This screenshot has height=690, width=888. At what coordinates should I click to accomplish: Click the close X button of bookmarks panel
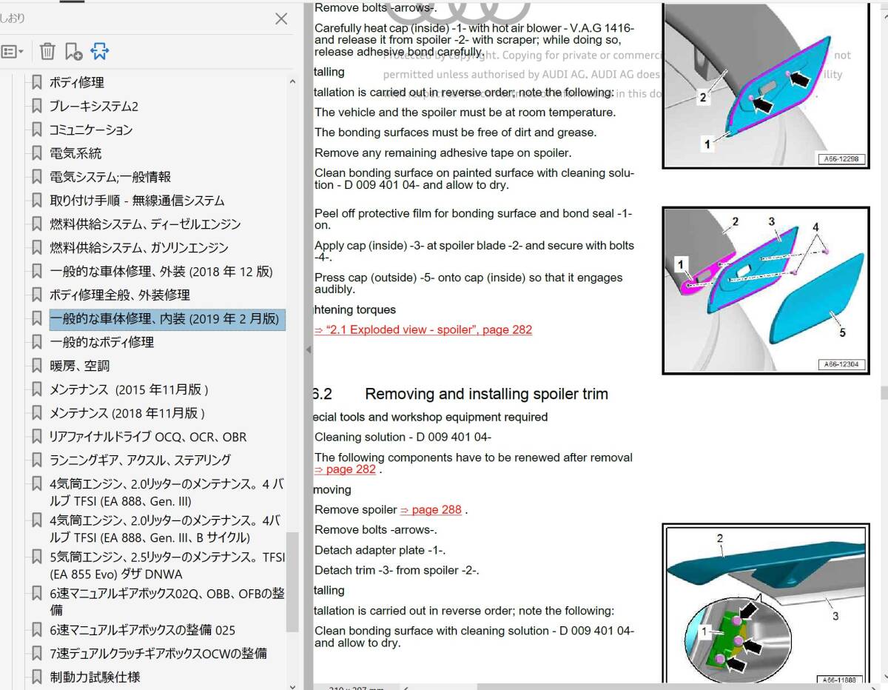pos(281,19)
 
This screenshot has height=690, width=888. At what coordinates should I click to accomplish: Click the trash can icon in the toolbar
pos(47,52)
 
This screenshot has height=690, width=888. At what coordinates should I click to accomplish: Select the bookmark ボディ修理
pos(76,82)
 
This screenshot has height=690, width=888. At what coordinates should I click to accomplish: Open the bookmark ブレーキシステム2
pos(93,106)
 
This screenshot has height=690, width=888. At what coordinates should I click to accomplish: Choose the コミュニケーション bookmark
pos(90,130)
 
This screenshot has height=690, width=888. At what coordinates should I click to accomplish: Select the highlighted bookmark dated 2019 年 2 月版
pos(164,318)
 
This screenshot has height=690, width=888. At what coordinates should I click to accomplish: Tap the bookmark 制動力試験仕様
pos(94,677)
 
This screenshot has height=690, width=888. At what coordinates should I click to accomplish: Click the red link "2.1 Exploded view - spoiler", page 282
pos(423,330)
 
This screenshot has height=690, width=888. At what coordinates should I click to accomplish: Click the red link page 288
pos(431,510)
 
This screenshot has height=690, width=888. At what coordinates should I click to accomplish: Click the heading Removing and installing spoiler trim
pos(486,394)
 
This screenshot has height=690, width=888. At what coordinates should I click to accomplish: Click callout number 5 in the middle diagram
pos(842,333)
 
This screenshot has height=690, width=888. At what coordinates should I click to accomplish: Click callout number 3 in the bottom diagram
pos(835,616)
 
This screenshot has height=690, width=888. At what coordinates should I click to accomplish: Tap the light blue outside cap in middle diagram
pos(814,296)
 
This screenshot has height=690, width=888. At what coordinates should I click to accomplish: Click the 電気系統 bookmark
pos(75,153)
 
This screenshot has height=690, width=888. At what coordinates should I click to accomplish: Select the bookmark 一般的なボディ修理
pos(101,342)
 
